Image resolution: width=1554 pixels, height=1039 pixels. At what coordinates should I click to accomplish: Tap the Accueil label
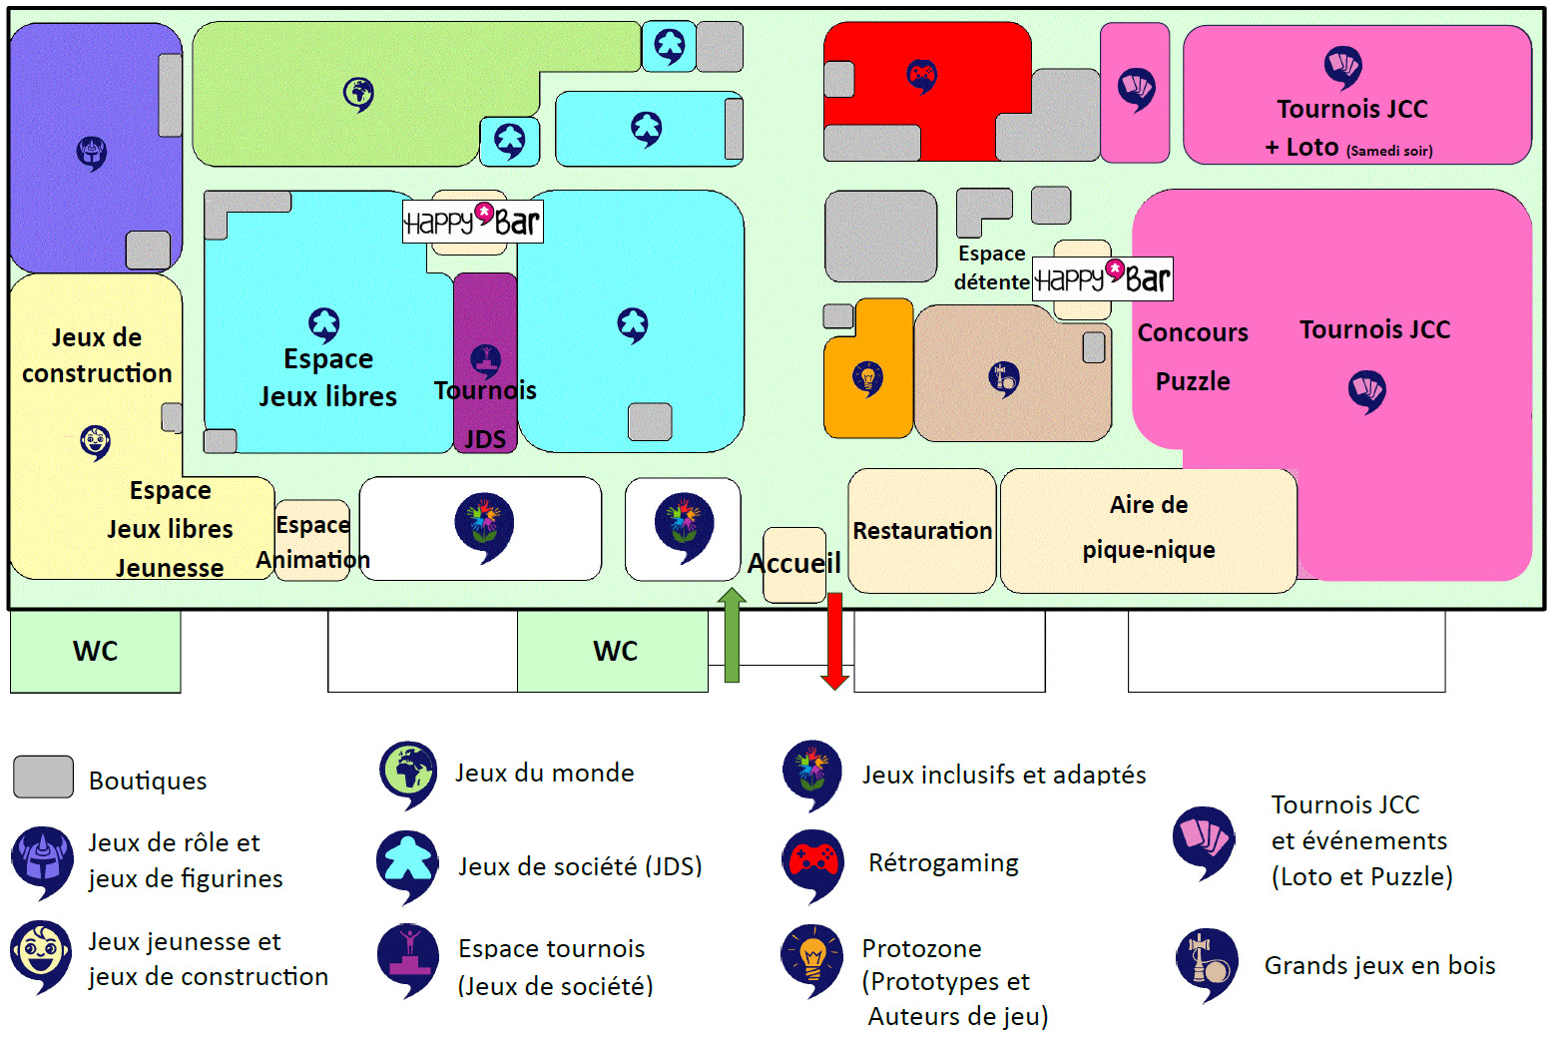(x=794, y=564)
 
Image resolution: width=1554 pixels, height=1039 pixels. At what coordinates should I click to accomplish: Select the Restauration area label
(x=922, y=531)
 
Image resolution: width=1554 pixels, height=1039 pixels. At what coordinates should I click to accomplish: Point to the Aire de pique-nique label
(x=1149, y=527)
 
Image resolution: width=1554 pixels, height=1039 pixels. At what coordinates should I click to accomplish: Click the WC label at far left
(x=96, y=652)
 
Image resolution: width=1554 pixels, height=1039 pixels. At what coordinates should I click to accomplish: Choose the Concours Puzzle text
(x=1193, y=356)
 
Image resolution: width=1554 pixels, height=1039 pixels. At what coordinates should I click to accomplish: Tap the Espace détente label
(x=991, y=267)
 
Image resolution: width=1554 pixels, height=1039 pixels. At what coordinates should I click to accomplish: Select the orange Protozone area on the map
(x=868, y=399)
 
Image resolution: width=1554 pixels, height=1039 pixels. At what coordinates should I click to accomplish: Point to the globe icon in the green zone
(x=358, y=94)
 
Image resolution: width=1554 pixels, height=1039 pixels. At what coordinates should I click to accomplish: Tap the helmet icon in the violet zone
(x=92, y=153)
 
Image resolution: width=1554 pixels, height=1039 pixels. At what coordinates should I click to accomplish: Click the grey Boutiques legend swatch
(x=43, y=778)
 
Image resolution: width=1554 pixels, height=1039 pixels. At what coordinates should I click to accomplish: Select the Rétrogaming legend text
(x=943, y=863)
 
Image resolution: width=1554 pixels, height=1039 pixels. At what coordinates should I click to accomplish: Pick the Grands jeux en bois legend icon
(x=1206, y=963)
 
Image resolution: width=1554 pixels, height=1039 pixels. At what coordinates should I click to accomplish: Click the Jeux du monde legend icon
(x=407, y=773)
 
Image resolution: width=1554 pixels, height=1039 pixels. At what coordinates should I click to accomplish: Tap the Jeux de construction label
(x=97, y=355)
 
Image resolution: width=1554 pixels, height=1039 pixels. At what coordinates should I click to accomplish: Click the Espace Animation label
(x=312, y=542)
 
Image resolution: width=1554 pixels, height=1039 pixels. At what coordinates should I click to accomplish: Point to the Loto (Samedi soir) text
(x=1348, y=149)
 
